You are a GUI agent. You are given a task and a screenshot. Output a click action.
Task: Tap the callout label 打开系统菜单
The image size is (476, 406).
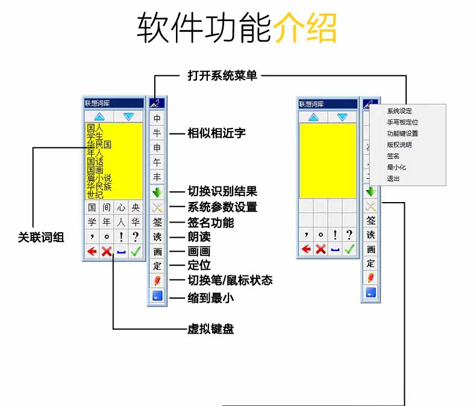tap(222, 76)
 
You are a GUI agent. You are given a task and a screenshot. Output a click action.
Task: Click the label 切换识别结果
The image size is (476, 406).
tap(222, 192)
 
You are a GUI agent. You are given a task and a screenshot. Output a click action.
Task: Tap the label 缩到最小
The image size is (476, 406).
tap(210, 297)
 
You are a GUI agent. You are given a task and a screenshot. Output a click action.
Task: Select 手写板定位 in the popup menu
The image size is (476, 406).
tap(402, 122)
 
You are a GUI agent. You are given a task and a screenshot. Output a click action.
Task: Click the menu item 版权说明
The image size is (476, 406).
tap(399, 145)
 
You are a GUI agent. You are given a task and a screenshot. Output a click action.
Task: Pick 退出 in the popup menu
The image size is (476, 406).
tap(393, 179)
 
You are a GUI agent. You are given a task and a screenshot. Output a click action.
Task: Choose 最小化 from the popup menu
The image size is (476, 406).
tap(396, 167)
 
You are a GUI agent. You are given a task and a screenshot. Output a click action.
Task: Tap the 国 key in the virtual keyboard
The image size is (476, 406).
tap(92, 208)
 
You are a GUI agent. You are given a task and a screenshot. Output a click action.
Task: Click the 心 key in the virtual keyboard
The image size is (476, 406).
tap(121, 208)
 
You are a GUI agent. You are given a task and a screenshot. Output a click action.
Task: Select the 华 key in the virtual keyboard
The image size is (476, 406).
tap(136, 222)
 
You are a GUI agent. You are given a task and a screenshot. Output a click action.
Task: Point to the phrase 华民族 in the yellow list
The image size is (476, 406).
tap(99, 186)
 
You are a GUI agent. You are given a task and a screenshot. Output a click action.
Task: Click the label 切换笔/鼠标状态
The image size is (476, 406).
tap(230, 281)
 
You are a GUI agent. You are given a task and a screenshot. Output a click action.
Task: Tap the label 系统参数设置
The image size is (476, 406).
tap(222, 208)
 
